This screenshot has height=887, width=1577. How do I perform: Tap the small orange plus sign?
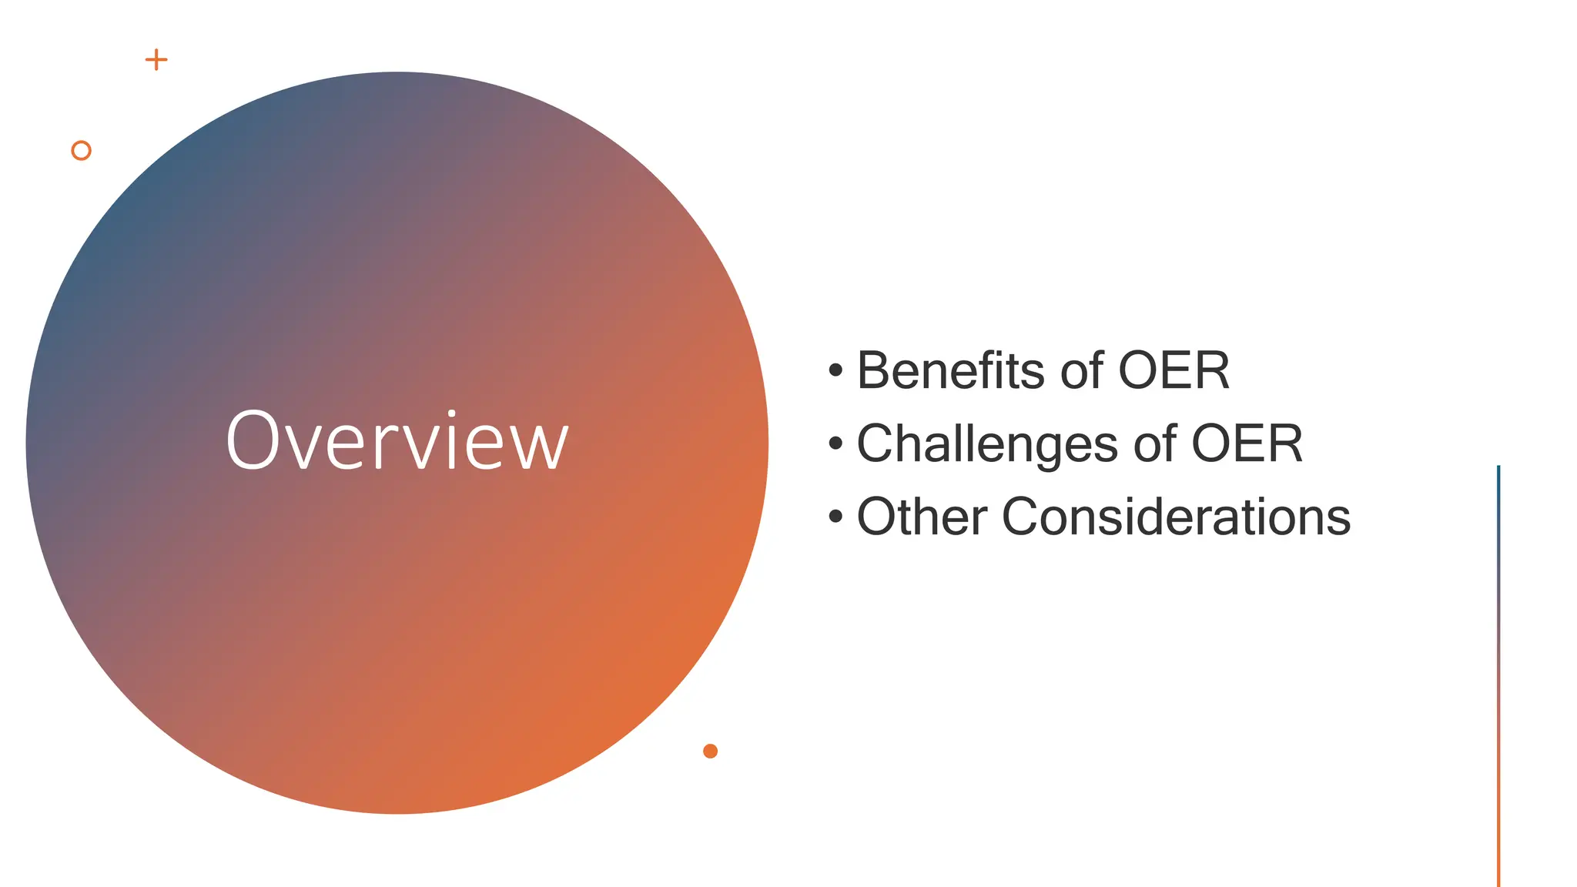pyautogui.click(x=156, y=60)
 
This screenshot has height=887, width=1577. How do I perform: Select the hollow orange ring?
pyautogui.click(x=81, y=150)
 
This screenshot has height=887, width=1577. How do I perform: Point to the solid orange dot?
pyautogui.click(x=710, y=751)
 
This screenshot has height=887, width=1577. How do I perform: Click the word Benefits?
pyautogui.click(x=952, y=370)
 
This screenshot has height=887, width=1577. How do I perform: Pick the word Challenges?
pyautogui.click(x=988, y=444)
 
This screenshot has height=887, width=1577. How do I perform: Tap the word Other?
pyautogui.click(x=922, y=517)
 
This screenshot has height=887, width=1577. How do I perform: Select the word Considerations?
pyautogui.click(x=1176, y=517)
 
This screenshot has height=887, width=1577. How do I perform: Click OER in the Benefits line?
pyautogui.click(x=1174, y=370)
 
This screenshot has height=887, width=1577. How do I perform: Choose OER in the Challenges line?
pyautogui.click(x=1247, y=444)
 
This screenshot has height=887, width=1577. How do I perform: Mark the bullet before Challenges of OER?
pyautogui.click(x=836, y=444)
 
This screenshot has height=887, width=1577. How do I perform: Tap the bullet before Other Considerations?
pyautogui.click(x=836, y=517)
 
